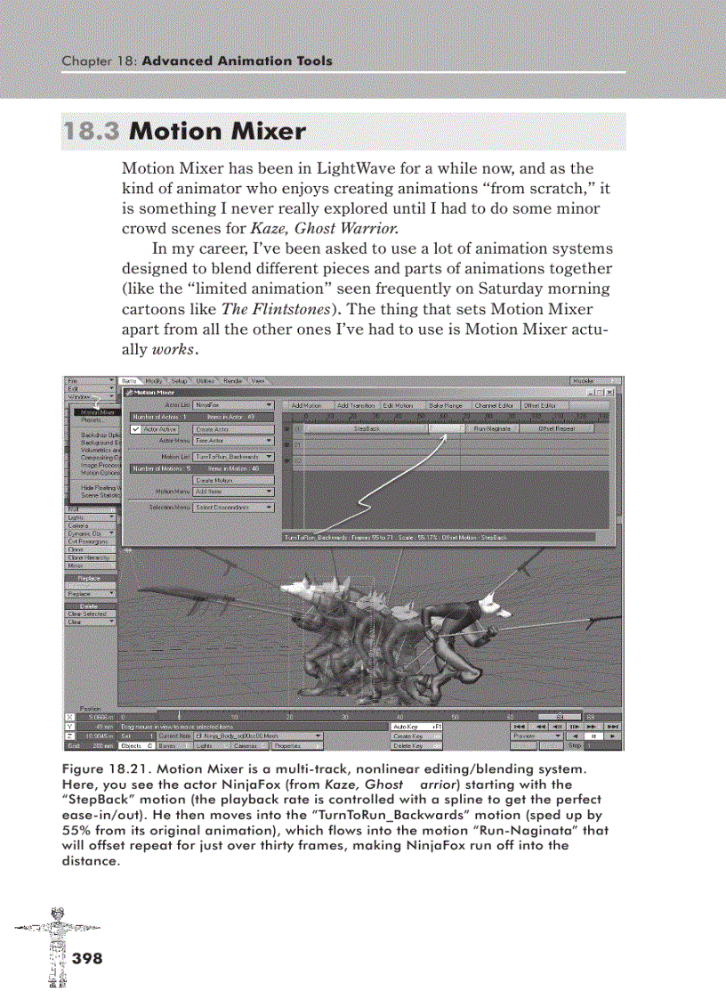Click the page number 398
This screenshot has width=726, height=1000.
(86, 959)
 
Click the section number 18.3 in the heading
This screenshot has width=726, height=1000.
(92, 132)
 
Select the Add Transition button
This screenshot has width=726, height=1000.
(356, 405)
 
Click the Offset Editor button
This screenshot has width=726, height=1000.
(540, 405)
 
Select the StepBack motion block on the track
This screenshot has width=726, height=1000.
(367, 428)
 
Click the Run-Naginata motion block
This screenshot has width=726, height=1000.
(490, 428)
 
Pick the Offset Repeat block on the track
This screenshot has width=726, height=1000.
(557, 428)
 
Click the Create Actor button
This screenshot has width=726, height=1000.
(212, 429)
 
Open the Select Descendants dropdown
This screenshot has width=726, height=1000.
(234, 507)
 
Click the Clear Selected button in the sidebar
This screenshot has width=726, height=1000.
(87, 614)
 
